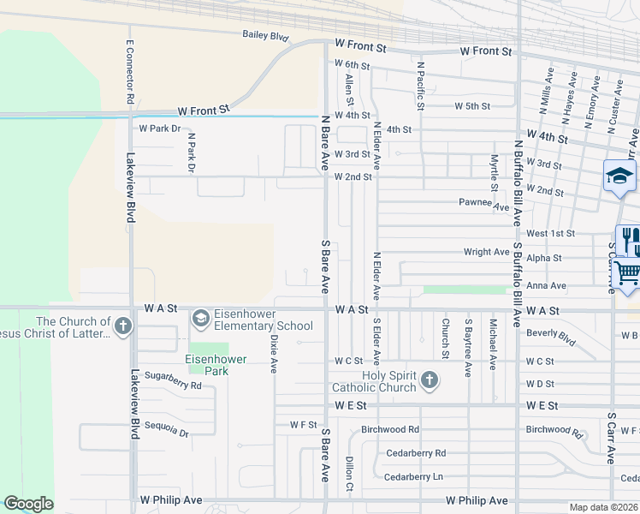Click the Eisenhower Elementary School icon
pyautogui.click(x=200, y=319)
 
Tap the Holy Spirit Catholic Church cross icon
pyautogui.click(x=429, y=380)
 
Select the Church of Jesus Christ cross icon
pyautogui.click(x=123, y=326)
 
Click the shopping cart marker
pyautogui.click(x=627, y=272)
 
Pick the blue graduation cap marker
pyautogui.click(x=619, y=176)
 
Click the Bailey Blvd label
pyautogui.click(x=265, y=36)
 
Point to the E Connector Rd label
pyautogui.click(x=130, y=72)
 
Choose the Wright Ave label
pyautogui.click(x=487, y=252)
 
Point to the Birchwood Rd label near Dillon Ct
pyautogui.click(x=390, y=429)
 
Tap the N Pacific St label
pyautogui.click(x=421, y=86)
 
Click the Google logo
pyautogui.click(x=28, y=504)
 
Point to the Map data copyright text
pyautogui.click(x=604, y=507)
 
